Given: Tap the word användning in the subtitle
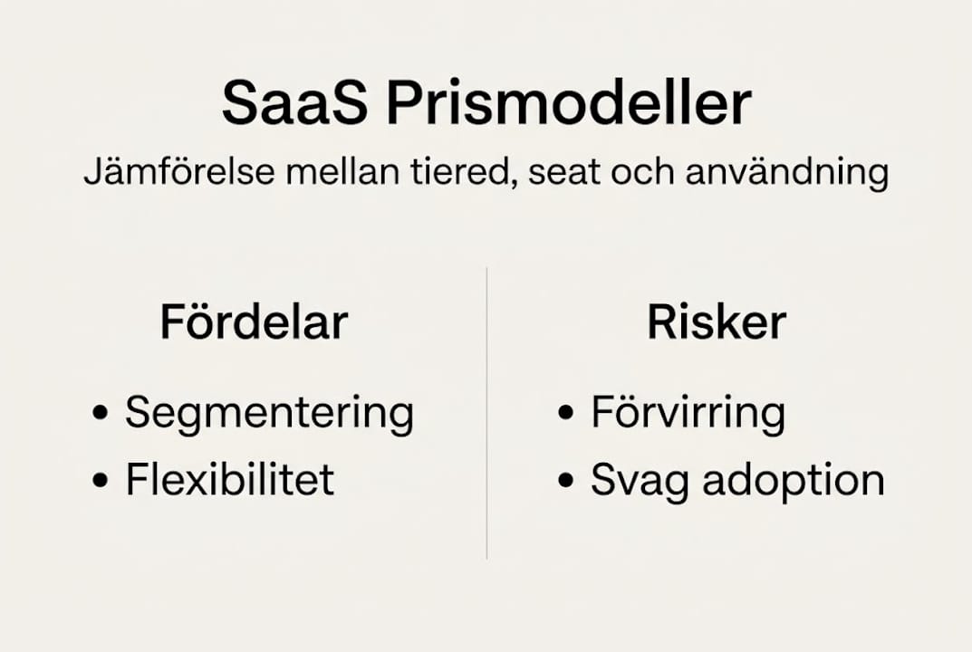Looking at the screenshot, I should tap(786, 173).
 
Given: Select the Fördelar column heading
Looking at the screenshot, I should tap(254, 322).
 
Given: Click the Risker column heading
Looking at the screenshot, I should tap(717, 322).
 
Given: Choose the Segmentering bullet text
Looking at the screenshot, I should tap(269, 414).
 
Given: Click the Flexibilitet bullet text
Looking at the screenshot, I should tap(230, 479).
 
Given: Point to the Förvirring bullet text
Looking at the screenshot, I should tap(688, 414).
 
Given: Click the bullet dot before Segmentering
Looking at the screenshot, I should tap(101, 415).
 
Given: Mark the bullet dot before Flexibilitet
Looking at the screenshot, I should tap(101, 481).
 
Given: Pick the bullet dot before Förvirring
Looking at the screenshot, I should tap(566, 415).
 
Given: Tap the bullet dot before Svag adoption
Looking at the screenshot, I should tap(566, 481).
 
